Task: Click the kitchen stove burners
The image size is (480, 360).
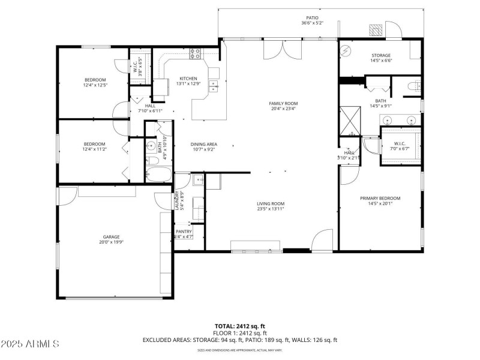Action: tap(196, 53)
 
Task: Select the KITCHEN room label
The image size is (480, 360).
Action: tap(188, 79)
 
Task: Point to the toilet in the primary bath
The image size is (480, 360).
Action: tap(412, 87)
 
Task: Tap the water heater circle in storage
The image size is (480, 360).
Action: tap(346, 52)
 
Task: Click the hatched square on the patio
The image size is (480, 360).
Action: tap(376, 31)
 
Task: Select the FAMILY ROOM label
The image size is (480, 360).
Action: tap(283, 103)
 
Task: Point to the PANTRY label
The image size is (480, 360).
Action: tap(184, 231)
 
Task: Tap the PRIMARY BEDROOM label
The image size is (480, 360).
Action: tap(380, 198)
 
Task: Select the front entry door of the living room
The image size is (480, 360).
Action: tap(322, 240)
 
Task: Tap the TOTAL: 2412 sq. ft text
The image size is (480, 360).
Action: tap(239, 326)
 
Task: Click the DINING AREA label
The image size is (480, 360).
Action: tap(203, 144)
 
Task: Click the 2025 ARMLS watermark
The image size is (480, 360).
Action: tap(30, 344)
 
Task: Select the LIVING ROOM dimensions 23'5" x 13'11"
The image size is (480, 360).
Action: tap(271, 209)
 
